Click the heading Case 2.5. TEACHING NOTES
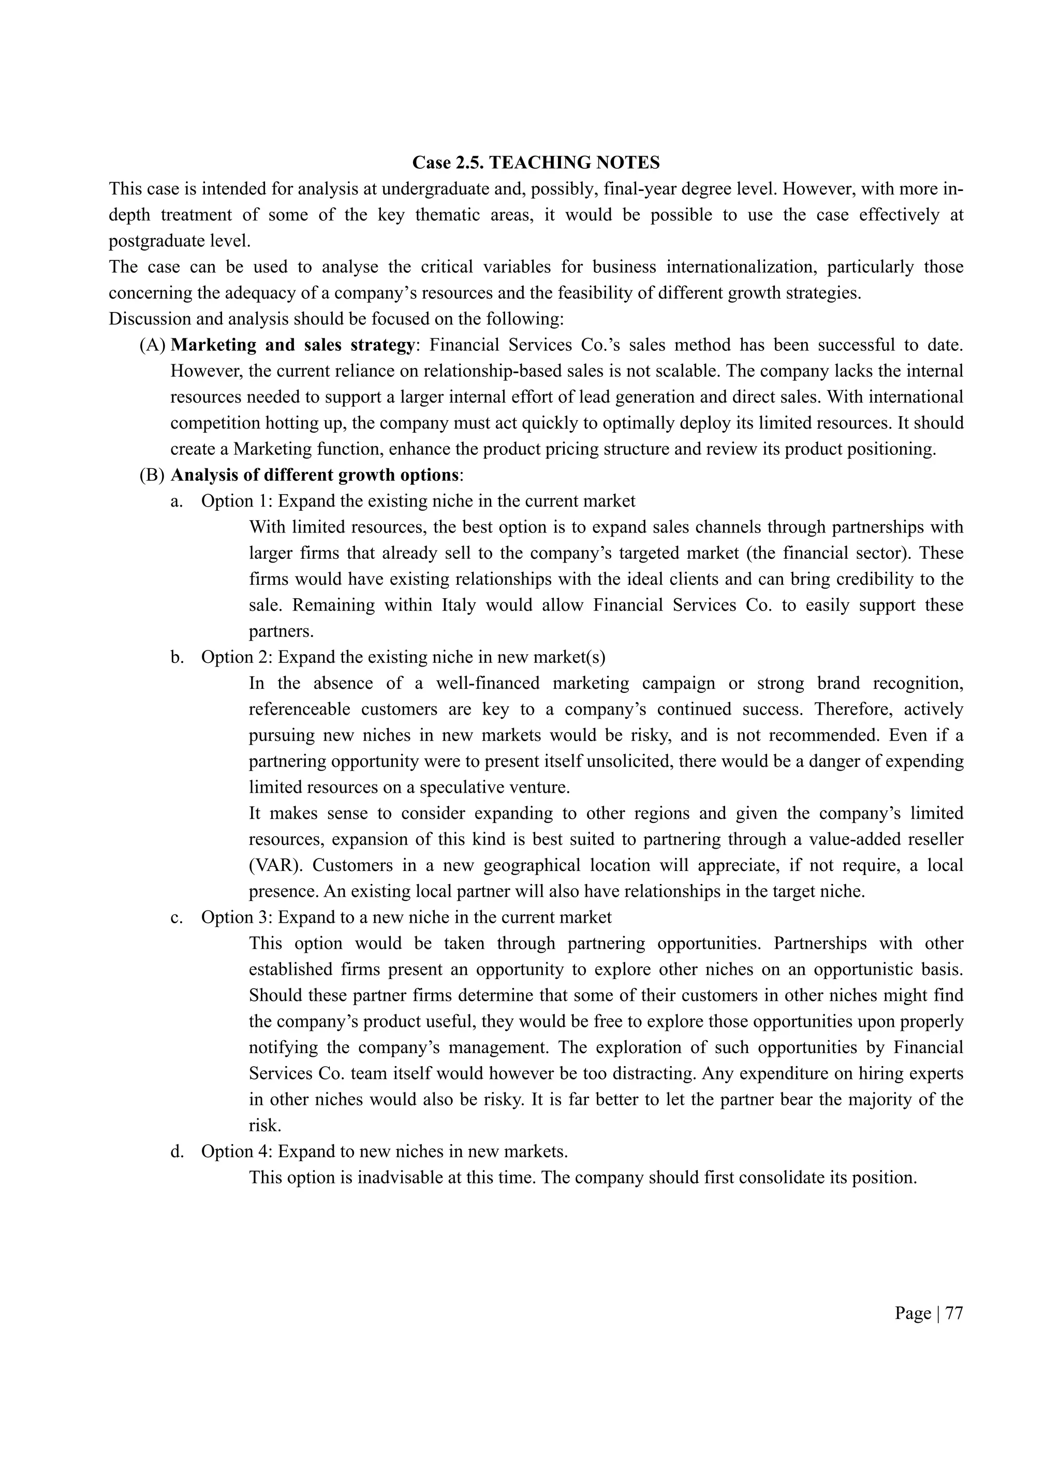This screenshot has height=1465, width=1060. (x=536, y=163)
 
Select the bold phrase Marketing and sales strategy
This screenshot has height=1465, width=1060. (x=292, y=345)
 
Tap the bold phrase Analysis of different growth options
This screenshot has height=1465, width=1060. (x=315, y=475)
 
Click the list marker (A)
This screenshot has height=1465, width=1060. (x=153, y=345)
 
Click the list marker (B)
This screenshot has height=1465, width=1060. (x=153, y=475)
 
